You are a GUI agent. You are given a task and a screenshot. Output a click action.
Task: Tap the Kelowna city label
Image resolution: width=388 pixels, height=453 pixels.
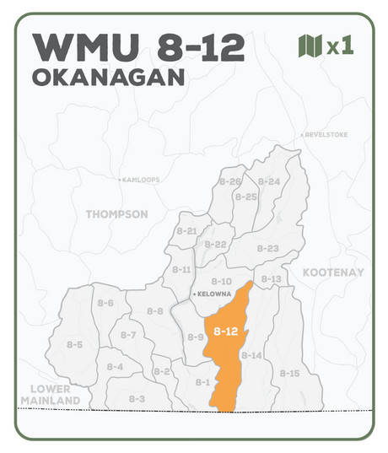tap(214, 294)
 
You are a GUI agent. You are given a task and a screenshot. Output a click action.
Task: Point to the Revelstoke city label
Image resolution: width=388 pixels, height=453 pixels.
tap(324, 135)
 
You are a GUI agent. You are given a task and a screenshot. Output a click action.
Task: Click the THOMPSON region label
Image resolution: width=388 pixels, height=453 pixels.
tap(116, 214)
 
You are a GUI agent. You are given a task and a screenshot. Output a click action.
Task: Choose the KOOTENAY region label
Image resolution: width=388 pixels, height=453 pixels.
tap(333, 272)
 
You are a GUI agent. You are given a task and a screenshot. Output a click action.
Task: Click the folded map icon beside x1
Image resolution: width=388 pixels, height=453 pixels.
tap(310, 46)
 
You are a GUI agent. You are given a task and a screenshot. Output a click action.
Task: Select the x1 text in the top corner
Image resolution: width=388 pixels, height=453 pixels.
tap(340, 46)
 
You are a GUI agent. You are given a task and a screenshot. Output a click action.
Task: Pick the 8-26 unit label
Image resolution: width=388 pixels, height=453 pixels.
tap(230, 181)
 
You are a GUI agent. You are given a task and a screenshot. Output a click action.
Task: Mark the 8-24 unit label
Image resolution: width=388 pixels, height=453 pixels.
tap(269, 181)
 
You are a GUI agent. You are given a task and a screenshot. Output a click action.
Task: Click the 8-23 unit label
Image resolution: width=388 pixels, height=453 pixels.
tap(267, 248)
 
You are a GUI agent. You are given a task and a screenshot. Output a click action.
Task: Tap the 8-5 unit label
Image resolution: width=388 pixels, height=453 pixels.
tap(74, 344)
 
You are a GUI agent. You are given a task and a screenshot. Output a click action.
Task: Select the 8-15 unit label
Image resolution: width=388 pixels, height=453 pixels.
tap(289, 373)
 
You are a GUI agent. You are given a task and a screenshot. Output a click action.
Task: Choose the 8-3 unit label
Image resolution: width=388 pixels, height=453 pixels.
tap(137, 398)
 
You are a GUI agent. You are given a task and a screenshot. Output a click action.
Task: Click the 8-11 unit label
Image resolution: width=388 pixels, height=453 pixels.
tap(181, 270)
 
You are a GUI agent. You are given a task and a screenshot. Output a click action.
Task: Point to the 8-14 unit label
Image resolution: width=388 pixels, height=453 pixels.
tap(251, 355)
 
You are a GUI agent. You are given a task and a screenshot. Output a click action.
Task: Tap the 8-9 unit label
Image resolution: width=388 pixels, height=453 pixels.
tap(195, 337)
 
